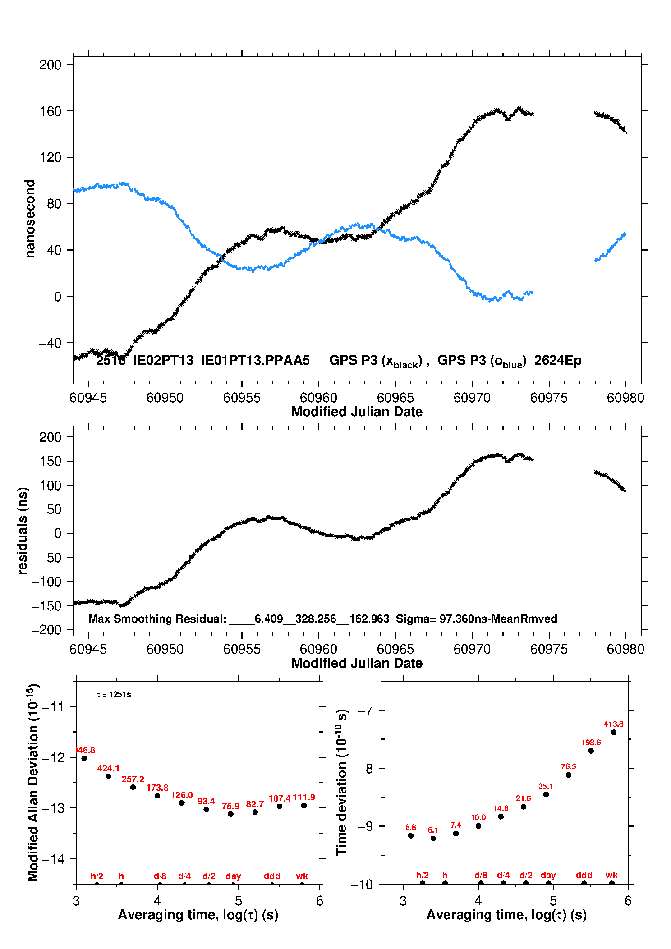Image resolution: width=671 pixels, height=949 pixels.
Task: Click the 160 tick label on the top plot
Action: click(50, 111)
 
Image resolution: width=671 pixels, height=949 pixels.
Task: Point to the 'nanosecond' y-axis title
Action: click(30, 218)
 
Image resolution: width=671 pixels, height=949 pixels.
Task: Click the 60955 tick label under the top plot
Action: click(242, 398)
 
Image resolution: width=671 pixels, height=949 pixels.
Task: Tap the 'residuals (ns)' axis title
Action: click(23, 531)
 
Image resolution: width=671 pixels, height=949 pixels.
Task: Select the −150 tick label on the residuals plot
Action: click(46, 606)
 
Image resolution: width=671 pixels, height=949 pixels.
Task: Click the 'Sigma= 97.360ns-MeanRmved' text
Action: click(476, 619)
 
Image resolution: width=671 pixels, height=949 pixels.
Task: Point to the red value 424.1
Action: click(108, 768)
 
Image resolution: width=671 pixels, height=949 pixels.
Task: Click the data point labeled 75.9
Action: click(230, 814)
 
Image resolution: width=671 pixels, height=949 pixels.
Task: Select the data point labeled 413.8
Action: click(614, 733)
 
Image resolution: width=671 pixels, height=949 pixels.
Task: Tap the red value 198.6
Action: click(591, 743)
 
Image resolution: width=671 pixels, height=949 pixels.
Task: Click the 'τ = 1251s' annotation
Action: click(114, 695)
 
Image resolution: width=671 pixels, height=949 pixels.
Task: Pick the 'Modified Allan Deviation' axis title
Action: click(32, 783)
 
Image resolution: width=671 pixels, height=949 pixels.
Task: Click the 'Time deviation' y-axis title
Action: click(341, 783)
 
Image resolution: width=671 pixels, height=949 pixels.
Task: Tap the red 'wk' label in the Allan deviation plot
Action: click(302, 876)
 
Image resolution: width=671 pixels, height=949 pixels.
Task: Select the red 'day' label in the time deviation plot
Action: click(548, 875)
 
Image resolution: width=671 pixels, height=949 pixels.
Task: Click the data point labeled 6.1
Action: click(433, 839)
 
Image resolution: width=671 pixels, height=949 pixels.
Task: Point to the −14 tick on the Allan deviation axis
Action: click(53, 859)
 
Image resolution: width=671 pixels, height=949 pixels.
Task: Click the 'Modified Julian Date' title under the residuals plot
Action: click(357, 663)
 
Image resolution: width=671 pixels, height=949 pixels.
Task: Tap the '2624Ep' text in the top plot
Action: click(558, 361)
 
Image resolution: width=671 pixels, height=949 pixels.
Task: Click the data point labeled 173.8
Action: click(157, 796)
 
